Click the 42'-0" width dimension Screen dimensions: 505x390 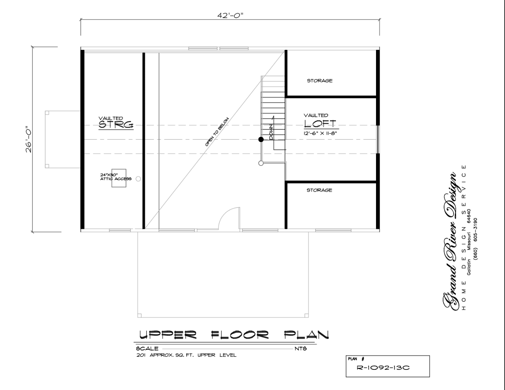pyautogui.click(x=230, y=15)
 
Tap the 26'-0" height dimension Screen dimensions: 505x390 pyautogui.click(x=28, y=139)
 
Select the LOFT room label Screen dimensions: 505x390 pyautogui.click(x=320, y=124)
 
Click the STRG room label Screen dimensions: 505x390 pyautogui.click(x=116, y=125)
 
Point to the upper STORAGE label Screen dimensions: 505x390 pyautogui.click(x=320, y=81)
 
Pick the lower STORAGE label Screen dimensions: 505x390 pyautogui.click(x=319, y=190)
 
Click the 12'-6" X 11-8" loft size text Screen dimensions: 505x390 pyautogui.click(x=320, y=133)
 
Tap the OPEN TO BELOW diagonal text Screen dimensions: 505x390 pyautogui.click(x=217, y=132)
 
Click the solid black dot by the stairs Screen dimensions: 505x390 pyautogui.click(x=261, y=139)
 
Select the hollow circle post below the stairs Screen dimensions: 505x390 pyautogui.click(x=261, y=163)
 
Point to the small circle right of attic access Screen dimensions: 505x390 pyautogui.click(x=138, y=179)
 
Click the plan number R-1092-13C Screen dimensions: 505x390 pyautogui.click(x=383, y=368)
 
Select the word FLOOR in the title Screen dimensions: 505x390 pyautogui.click(x=240, y=335)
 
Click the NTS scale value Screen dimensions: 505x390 pyautogui.click(x=301, y=349)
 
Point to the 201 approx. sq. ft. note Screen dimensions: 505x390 pyautogui.click(x=186, y=355)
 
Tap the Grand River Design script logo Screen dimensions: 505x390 pyautogui.click(x=450, y=241)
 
